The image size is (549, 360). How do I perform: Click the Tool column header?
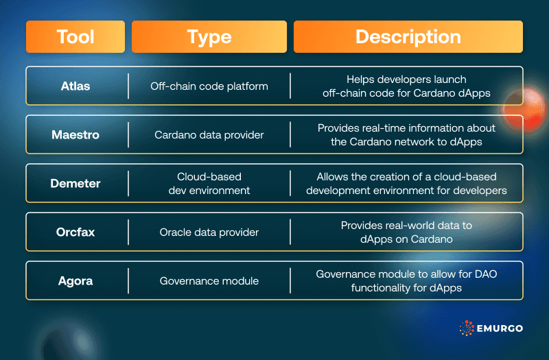tap(75, 37)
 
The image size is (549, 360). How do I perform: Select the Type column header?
tap(209, 37)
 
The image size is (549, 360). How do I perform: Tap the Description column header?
tap(408, 37)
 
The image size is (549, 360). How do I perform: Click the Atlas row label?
tap(75, 86)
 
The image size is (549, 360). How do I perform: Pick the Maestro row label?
tap(75, 135)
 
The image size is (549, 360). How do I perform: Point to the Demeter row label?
tap(75, 183)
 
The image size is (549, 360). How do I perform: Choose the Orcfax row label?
tap(75, 232)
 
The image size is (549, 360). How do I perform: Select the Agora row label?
tap(75, 280)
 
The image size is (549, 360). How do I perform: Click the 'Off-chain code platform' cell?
tap(209, 86)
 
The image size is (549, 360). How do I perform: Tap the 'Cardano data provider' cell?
tap(209, 135)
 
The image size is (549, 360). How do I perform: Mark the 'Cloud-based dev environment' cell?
tap(209, 183)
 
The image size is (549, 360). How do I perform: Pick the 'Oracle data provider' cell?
tap(209, 232)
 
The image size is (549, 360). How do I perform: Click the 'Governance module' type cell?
tap(209, 280)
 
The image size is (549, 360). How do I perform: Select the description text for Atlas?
tap(406, 86)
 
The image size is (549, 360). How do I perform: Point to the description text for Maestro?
tap(406, 135)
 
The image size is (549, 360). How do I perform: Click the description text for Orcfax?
tap(406, 232)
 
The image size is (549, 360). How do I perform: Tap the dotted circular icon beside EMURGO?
tap(467, 328)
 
